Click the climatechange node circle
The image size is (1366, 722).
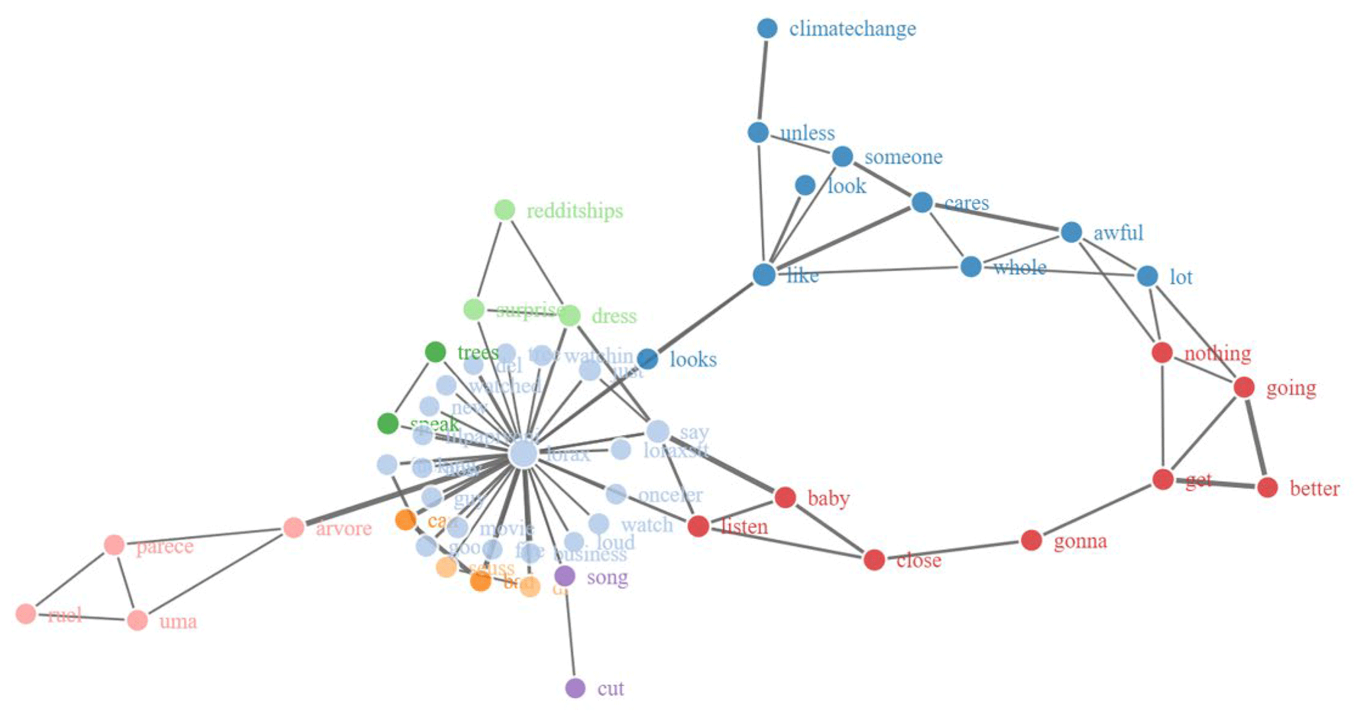point(767,28)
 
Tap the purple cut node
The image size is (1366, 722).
point(575,688)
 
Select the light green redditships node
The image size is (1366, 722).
point(504,210)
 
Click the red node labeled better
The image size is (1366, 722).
point(1267,488)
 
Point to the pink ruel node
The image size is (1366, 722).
point(26,614)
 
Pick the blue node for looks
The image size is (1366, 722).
point(648,359)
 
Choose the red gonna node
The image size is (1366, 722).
point(1031,540)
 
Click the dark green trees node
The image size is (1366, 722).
point(435,352)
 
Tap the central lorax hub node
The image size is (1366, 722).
point(523,454)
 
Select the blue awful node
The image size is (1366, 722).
point(1071,232)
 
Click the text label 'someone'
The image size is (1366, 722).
point(903,157)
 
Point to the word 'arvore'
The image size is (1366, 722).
point(343,528)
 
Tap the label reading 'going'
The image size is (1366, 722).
point(1291,388)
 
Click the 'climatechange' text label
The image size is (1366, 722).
point(852,29)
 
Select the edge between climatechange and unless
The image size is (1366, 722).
point(763,80)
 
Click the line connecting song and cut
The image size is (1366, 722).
point(570,631)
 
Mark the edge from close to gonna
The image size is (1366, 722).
point(952,550)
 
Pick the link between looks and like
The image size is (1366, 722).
point(706,317)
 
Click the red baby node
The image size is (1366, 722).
point(784,497)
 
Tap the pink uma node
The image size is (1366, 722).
point(137,620)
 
